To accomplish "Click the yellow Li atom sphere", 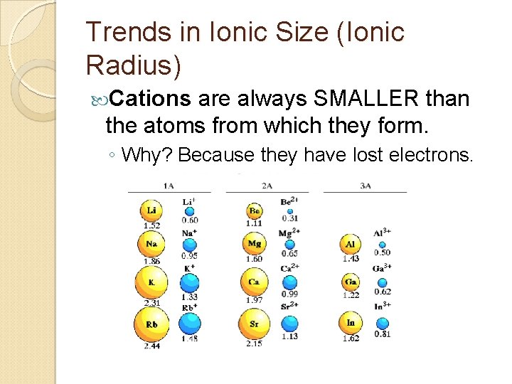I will [151, 211].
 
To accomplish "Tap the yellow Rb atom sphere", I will [152, 324].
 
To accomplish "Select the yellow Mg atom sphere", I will [255, 244].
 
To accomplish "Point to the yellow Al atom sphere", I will [350, 244].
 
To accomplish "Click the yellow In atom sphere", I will [351, 323].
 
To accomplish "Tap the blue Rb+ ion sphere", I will [190, 324].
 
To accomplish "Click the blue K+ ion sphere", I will [189, 282].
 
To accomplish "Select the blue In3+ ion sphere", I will [382, 322].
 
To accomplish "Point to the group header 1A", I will [169, 186].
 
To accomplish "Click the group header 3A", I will [365, 186].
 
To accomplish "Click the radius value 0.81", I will [382, 334].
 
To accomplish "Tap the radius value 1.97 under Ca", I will [254, 300].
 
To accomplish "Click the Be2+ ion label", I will [289, 203].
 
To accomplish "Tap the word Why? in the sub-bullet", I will [148, 154].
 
